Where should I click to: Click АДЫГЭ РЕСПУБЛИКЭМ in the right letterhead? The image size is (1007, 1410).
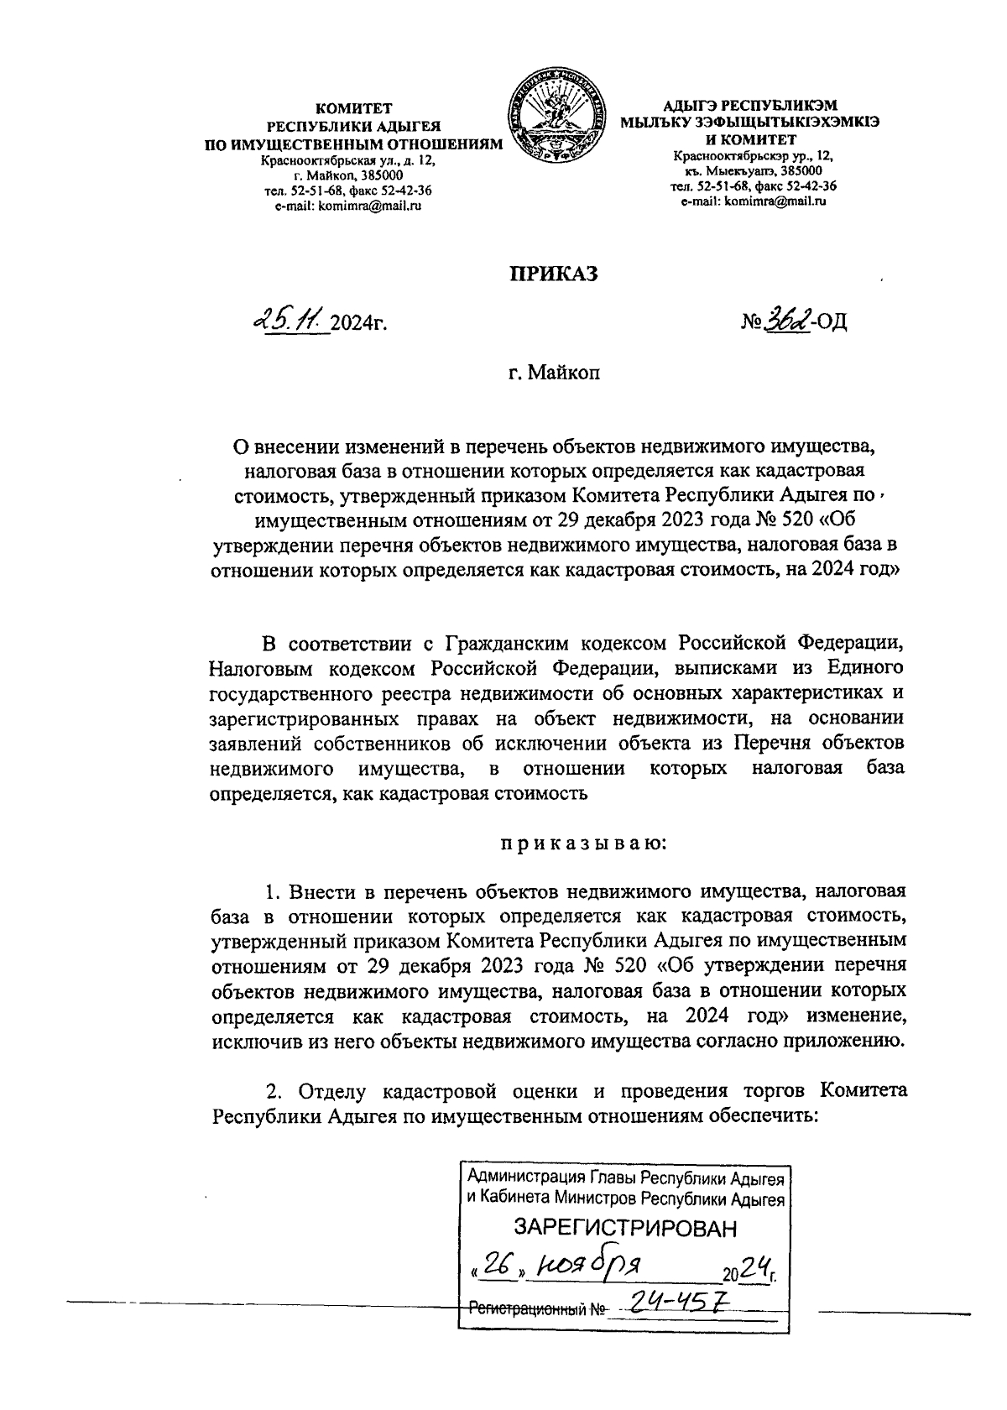point(749,107)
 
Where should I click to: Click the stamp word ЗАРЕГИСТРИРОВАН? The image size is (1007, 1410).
point(624,1228)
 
